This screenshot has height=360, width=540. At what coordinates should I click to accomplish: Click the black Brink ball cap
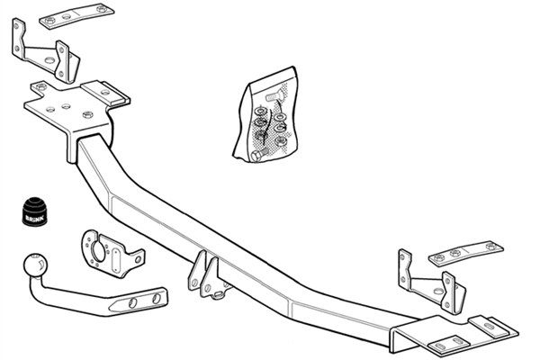[x=35, y=211]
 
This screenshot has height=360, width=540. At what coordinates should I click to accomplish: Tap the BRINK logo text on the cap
[x=35, y=218]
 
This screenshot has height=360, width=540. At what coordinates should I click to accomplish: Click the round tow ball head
[x=35, y=265]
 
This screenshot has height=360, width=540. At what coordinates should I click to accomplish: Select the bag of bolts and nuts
[x=265, y=114]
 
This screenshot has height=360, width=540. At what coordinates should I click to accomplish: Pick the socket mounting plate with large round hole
[x=112, y=253]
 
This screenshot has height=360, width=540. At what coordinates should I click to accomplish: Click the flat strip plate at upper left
[x=76, y=16]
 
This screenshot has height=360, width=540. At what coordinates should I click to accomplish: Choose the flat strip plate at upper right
[x=465, y=254]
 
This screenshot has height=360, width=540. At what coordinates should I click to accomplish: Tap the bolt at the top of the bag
[x=274, y=96]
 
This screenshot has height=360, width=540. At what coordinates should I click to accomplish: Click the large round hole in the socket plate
[x=98, y=251]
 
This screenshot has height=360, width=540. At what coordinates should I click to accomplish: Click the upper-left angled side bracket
[x=46, y=51]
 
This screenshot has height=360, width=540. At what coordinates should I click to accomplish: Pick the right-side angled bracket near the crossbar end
[x=432, y=282]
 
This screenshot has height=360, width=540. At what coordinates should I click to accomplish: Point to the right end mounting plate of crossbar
[x=454, y=333]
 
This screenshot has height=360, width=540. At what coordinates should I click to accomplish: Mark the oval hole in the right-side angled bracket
[x=438, y=291]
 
